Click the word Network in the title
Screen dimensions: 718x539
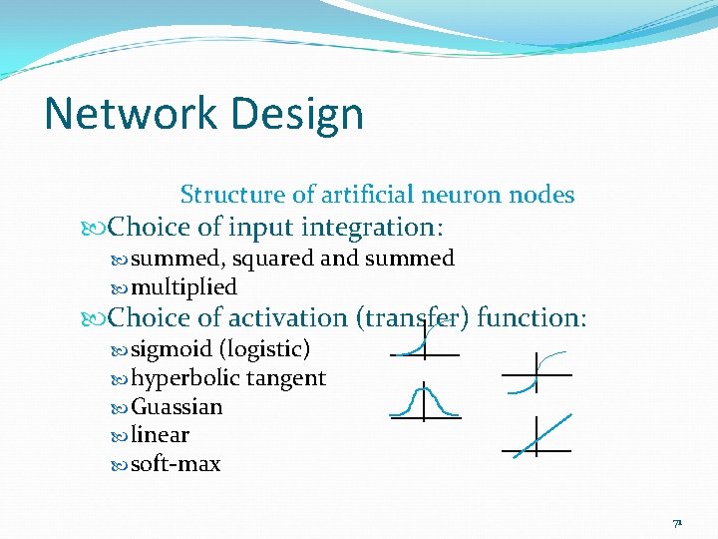coord(124,114)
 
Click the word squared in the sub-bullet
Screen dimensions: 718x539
coord(273,259)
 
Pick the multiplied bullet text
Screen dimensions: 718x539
coord(183,287)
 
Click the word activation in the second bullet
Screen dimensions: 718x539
coord(287,318)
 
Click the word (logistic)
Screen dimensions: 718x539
coord(264,349)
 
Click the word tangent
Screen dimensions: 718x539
coord(286,378)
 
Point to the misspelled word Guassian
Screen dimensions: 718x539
coord(177,407)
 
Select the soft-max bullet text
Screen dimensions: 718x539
coord(176,464)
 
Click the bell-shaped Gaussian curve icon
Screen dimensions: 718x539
coord(424,401)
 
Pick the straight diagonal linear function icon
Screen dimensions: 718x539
coord(536,437)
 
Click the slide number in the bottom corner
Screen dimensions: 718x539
coord(677,523)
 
